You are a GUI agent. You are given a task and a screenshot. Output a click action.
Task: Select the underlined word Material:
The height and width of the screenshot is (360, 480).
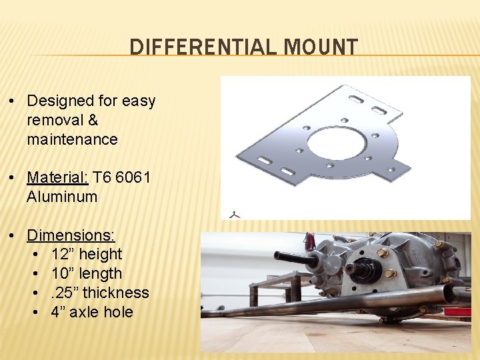tap(57, 178)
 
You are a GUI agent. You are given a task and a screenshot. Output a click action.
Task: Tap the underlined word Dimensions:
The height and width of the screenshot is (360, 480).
tap(71, 235)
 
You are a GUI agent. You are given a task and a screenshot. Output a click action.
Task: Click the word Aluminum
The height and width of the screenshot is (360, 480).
tap(62, 197)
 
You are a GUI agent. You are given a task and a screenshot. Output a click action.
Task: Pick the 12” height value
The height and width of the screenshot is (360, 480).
tap(87, 255)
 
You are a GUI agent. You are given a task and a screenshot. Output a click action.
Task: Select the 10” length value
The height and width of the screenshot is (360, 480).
tap(87, 274)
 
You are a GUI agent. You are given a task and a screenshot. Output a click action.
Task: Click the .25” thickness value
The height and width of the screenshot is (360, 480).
tap(100, 293)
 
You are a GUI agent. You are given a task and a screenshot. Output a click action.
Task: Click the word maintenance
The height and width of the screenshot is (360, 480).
tap(72, 140)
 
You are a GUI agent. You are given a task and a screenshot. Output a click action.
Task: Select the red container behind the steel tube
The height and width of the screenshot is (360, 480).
tap(458, 310)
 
